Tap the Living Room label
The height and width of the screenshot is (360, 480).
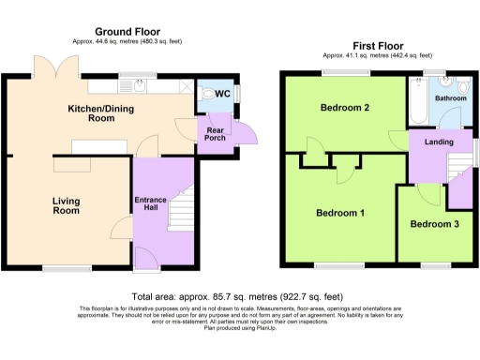(x=67, y=205)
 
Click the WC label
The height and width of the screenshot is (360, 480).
(x=223, y=95)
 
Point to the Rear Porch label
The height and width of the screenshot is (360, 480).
(x=210, y=132)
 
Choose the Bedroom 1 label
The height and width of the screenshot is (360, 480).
(x=339, y=214)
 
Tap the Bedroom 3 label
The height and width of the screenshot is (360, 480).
(x=434, y=224)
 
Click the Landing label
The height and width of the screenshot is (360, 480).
(x=439, y=142)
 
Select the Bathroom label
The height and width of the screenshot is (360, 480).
(x=449, y=97)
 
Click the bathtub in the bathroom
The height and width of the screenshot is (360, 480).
(x=417, y=102)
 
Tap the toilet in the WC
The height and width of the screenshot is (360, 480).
(x=209, y=94)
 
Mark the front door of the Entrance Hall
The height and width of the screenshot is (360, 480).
(x=146, y=256)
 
